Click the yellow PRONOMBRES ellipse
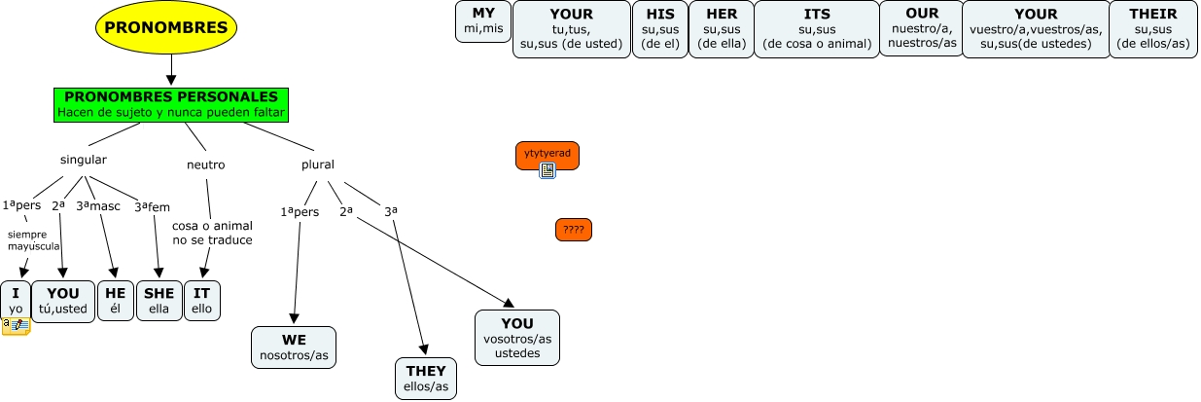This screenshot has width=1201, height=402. pos(166,28)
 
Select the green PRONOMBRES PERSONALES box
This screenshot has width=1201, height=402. pos(170,104)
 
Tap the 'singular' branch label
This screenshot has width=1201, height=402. pos(84,160)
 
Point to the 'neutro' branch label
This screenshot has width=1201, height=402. pos(205,164)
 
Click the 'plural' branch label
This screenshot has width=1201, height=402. pos(317,164)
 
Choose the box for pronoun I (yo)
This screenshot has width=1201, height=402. pos(16,300)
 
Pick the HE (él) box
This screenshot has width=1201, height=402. pos(116,300)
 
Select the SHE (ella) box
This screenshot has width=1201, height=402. pos(159,300)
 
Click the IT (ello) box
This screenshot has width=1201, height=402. pos(202,300)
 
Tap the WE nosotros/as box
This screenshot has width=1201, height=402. pos(294,347)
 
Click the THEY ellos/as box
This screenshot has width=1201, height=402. pos(425,379)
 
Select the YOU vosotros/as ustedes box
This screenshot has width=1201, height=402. pos(517,337)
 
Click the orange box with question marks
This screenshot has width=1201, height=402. pos(574,230)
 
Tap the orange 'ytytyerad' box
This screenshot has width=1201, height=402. pos(547,153)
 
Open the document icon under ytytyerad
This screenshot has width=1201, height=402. pos(548,170)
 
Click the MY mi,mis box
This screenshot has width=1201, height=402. pos(483,21)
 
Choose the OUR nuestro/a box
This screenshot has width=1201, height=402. pos(921,28)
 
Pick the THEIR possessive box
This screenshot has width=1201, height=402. pos(1153,28)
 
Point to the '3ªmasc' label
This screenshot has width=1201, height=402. pos(98,205)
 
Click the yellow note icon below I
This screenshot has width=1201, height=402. pos(16,325)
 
